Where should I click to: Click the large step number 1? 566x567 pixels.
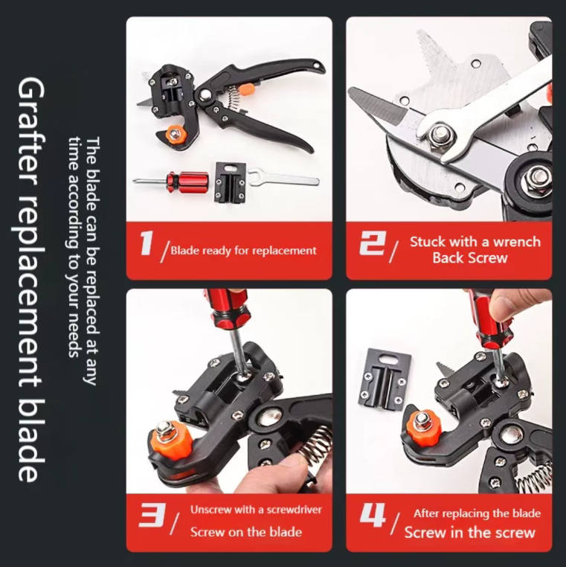[147, 243]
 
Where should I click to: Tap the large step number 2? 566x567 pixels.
[373, 243]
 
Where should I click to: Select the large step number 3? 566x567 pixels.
[152, 515]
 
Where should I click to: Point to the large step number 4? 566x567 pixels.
[373, 515]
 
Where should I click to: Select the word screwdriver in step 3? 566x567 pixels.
[294, 510]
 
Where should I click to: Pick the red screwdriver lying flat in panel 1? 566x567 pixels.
[170, 179]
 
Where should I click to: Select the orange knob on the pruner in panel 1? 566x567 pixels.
[176, 135]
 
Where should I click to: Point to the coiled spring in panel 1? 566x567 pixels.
[234, 100]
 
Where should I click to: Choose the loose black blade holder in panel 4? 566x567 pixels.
[385, 380]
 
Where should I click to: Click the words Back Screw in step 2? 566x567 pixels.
[470, 257]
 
